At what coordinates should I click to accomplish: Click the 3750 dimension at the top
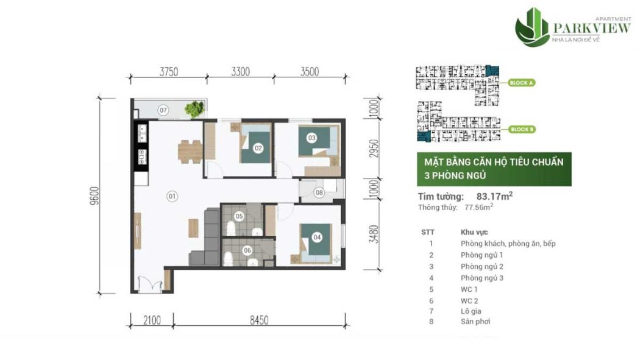click(x=168, y=71)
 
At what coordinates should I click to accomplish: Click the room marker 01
click(x=172, y=196)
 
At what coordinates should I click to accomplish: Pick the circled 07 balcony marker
click(x=163, y=110)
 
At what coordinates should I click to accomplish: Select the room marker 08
click(x=319, y=193)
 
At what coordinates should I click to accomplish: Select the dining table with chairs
click(x=190, y=150)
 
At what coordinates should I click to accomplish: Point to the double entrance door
click(x=147, y=282)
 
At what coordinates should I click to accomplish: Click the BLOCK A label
click(x=522, y=82)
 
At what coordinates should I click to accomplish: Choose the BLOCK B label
click(x=522, y=129)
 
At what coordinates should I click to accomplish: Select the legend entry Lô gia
click(x=471, y=311)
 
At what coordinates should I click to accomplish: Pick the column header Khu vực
click(x=474, y=232)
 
